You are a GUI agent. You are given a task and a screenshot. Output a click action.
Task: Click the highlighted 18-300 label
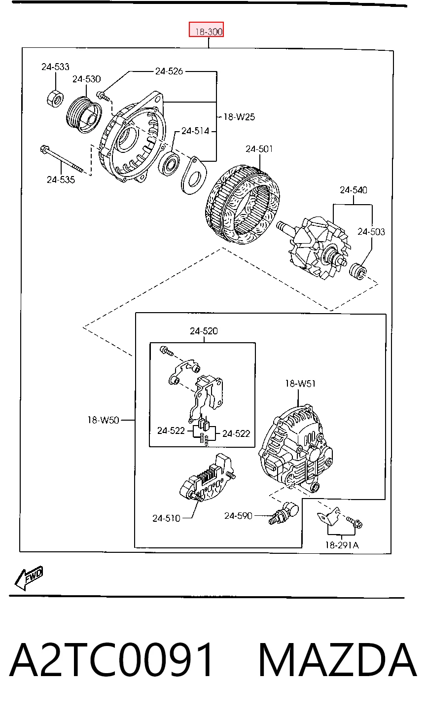point(206,30)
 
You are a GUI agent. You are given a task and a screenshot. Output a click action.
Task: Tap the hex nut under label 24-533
point(55,99)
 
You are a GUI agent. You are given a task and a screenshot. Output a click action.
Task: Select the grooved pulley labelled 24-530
point(84,114)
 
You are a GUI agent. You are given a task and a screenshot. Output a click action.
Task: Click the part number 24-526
point(169,71)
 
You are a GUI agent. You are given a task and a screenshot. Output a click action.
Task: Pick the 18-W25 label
point(239,117)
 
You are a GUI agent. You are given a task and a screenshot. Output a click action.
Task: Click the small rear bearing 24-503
point(358,272)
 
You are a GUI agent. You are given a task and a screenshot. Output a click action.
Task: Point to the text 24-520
point(204,331)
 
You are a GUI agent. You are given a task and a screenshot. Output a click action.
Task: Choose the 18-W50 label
point(103,420)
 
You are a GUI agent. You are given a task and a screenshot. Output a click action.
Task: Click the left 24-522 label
point(171,431)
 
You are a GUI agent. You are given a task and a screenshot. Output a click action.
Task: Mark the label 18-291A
point(342,545)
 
